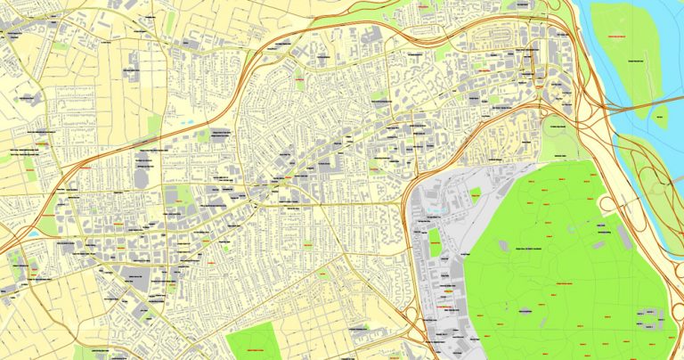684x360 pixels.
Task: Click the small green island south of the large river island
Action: click(x=660, y=116)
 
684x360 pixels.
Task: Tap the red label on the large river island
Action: click(x=615, y=35)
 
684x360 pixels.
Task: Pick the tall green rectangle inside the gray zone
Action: click(x=435, y=241)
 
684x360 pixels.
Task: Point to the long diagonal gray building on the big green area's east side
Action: click(x=624, y=236)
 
